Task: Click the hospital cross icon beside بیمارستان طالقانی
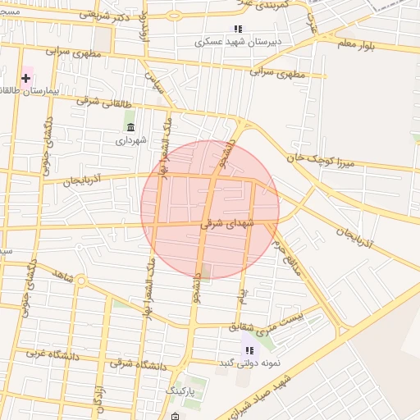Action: (26, 79)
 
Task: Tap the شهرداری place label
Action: (130, 140)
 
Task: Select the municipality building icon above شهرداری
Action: (130, 126)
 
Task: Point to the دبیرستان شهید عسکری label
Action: (238, 41)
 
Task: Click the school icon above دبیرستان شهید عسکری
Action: (238, 29)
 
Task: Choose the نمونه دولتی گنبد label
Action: (249, 363)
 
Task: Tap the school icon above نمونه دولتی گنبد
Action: (249, 350)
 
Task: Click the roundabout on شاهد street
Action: (81, 281)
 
